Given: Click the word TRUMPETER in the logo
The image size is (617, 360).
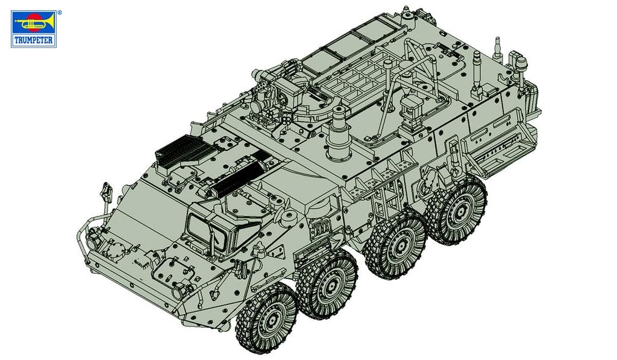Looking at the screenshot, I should coord(34,42).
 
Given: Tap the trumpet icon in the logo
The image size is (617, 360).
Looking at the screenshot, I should coord(34,24).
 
